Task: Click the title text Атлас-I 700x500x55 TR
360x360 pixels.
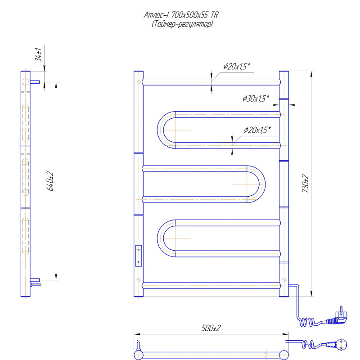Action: [x=181, y=15]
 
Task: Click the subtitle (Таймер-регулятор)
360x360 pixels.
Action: [x=182, y=24]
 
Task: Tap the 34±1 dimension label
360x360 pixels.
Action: [x=39, y=55]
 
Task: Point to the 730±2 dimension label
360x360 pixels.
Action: [x=306, y=184]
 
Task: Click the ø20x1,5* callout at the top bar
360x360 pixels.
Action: [x=236, y=67]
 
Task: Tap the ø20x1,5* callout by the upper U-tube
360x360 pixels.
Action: [x=257, y=130]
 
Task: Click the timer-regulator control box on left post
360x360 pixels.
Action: [x=139, y=255]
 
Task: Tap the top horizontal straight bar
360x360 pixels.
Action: [x=211, y=82]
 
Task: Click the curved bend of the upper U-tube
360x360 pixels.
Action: [x=162, y=129]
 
